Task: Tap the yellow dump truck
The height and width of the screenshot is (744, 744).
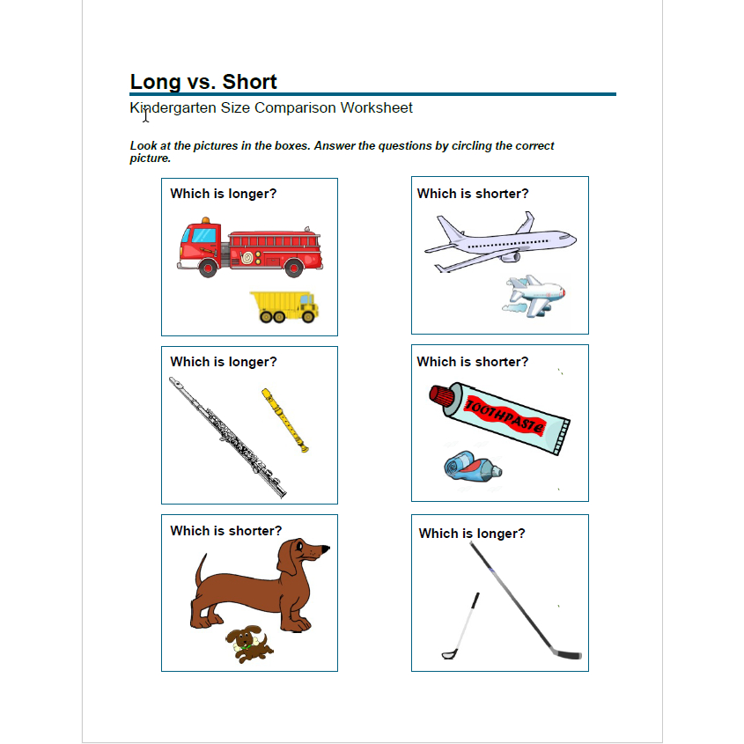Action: [x=284, y=306]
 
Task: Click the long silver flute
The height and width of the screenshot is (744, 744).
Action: [x=228, y=438]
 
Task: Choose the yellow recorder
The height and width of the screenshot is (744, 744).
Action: [x=284, y=420]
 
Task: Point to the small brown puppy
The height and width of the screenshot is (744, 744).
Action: [x=248, y=645]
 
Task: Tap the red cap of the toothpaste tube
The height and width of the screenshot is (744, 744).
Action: [x=441, y=397]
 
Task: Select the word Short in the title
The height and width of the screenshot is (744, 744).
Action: [x=250, y=82]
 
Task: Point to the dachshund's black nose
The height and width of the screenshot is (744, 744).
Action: [x=326, y=549]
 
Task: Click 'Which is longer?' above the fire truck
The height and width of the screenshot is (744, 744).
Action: [x=223, y=194]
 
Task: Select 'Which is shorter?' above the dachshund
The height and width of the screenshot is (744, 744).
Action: [x=226, y=531]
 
